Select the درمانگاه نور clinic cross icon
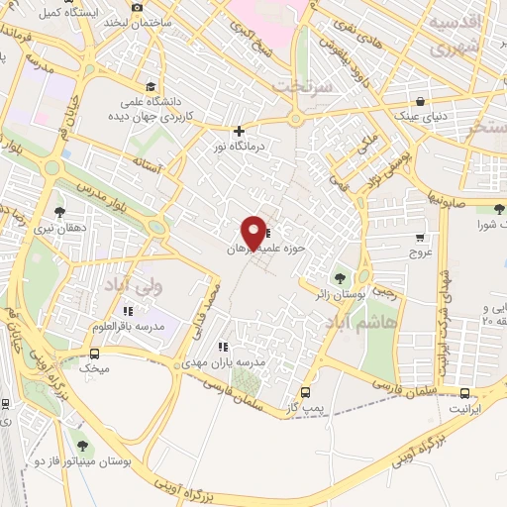coord(238,131)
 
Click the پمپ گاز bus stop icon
coord(305,392)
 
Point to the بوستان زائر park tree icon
coord(342,279)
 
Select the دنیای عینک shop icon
coord(422,101)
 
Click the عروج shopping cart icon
coord(420,237)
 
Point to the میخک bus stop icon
coord(95,354)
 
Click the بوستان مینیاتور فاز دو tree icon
coord(81,446)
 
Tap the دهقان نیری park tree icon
coord(60,211)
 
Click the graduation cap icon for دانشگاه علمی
coord(150,86)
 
